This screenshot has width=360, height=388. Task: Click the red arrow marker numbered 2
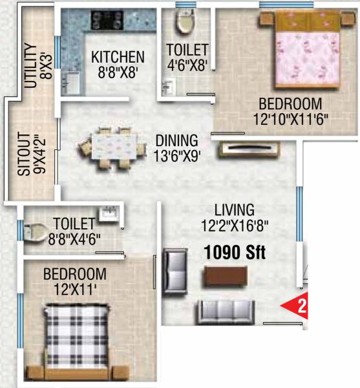[299, 307]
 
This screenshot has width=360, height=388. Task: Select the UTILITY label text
[28, 65]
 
